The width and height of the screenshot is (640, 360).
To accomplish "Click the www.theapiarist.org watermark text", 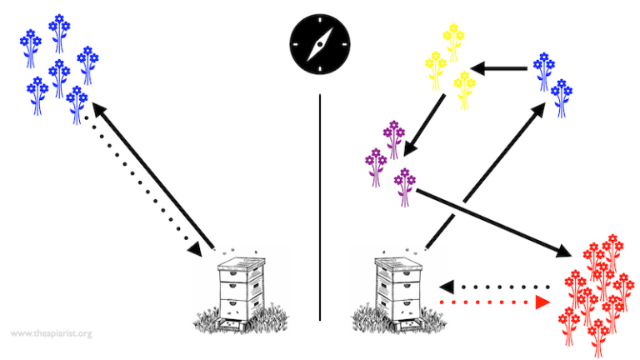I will (x=51, y=334).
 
